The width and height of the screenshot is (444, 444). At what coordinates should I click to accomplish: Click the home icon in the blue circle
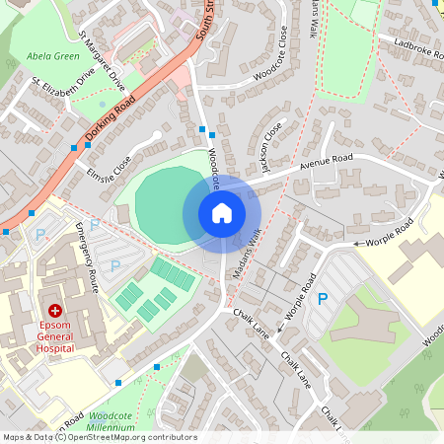click(x=222, y=213)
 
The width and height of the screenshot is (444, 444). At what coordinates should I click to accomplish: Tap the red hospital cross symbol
click(x=55, y=310)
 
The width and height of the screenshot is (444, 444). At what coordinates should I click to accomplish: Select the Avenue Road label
click(x=326, y=159)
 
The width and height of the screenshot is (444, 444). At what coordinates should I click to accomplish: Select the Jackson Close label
click(x=270, y=144)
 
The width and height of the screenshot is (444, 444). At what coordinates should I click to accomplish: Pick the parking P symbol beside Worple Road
click(x=322, y=297)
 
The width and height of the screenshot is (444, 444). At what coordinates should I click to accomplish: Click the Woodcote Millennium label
click(x=104, y=421)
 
